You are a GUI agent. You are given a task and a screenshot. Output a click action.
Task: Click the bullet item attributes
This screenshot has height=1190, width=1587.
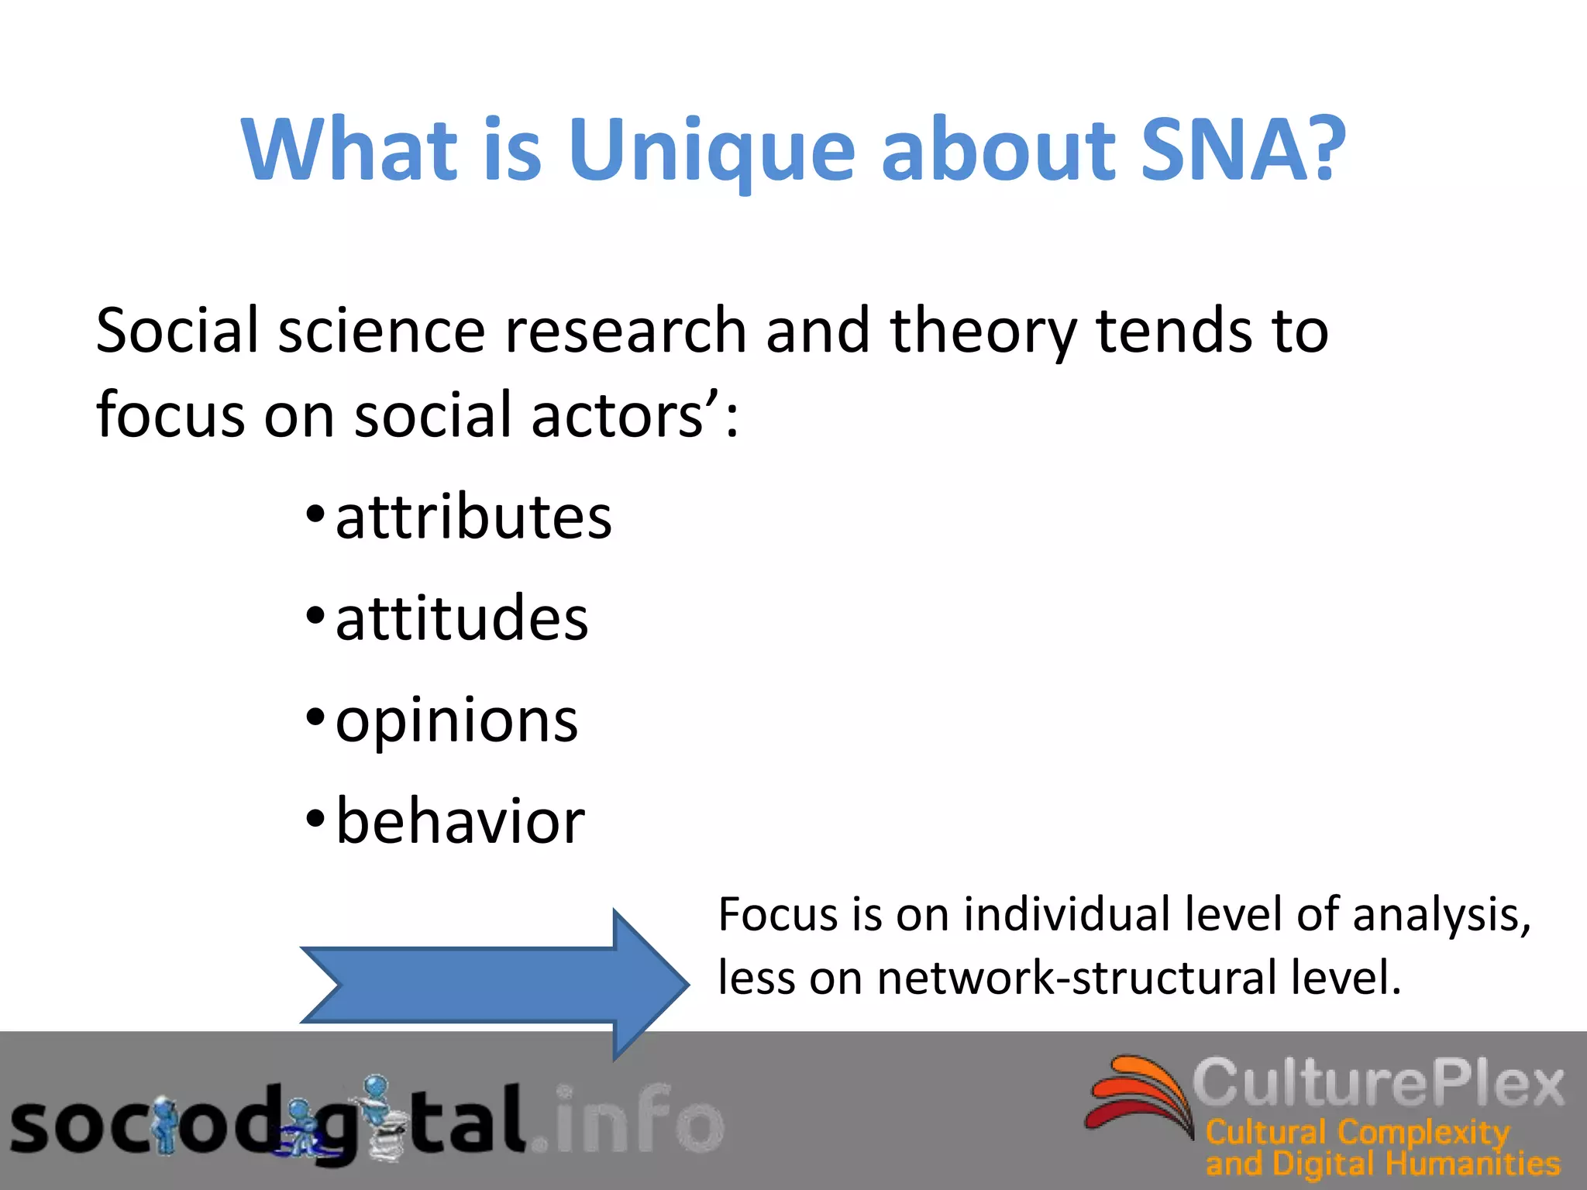[x=473, y=518]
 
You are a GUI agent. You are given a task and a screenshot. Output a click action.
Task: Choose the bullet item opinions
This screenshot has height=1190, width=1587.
[x=456, y=721]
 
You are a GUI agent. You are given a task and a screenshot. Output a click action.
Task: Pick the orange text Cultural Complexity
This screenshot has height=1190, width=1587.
[x=1356, y=1132]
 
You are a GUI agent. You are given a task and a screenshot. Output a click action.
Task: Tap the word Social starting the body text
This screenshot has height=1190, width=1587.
[x=177, y=331]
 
